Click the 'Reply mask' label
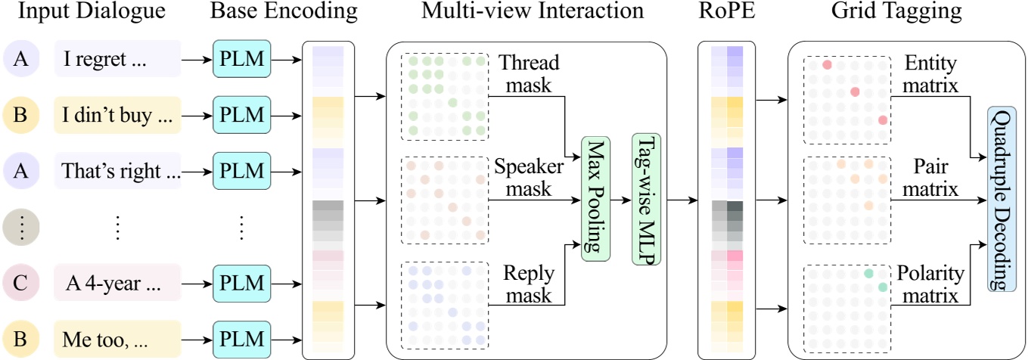[530, 283]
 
